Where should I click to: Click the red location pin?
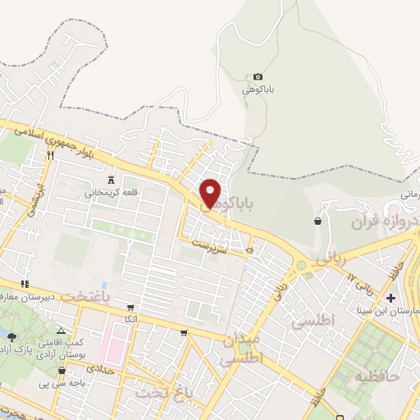210,193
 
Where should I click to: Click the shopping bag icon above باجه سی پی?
62,371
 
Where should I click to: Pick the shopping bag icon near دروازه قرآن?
317,221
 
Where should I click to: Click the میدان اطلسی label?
242,348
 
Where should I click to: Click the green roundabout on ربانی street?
302,265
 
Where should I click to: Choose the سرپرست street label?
209,244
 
